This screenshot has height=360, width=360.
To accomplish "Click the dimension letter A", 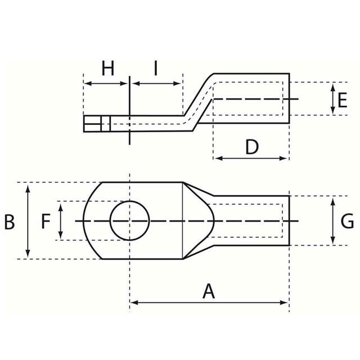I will pos(209,291).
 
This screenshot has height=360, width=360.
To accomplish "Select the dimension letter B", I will pos(9,221).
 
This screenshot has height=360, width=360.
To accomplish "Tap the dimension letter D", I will pos(252,147).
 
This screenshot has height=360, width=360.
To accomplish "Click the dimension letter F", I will pos(46,221).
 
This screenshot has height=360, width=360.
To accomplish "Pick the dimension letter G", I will pos(347,221).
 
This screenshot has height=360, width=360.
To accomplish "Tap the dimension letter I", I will pos(156,69).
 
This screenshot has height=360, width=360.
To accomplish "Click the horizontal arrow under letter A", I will pos(209,303).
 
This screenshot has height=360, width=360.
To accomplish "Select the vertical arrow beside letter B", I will pos(28,221).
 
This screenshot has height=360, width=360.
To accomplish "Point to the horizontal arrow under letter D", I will pos(251,159).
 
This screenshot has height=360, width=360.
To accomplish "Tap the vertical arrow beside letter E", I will pos(331,100).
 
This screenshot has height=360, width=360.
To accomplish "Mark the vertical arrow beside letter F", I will pos(61,221).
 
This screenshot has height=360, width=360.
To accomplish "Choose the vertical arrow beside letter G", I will pos(333,220).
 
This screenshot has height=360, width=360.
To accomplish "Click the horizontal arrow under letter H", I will pos(106,84).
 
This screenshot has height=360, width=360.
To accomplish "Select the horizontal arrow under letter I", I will pos(156,84).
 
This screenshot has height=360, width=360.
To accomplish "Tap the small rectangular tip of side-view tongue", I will pos(96,124).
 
